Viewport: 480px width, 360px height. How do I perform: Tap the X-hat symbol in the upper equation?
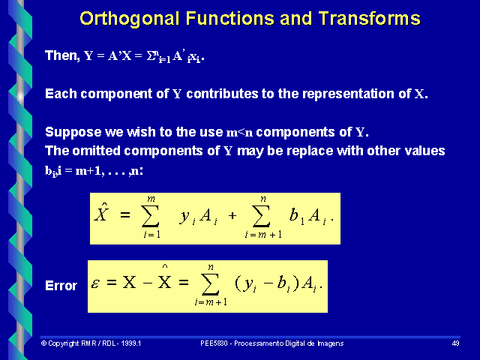(102, 214)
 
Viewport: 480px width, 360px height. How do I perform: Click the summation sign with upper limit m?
(152, 216)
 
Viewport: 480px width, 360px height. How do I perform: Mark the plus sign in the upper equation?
(232, 216)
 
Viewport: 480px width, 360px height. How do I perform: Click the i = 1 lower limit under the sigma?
(152, 235)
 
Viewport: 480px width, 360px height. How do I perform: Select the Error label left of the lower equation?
(61, 286)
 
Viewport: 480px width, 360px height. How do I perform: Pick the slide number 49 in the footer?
(455, 343)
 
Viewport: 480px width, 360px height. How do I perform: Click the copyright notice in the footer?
(91, 343)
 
